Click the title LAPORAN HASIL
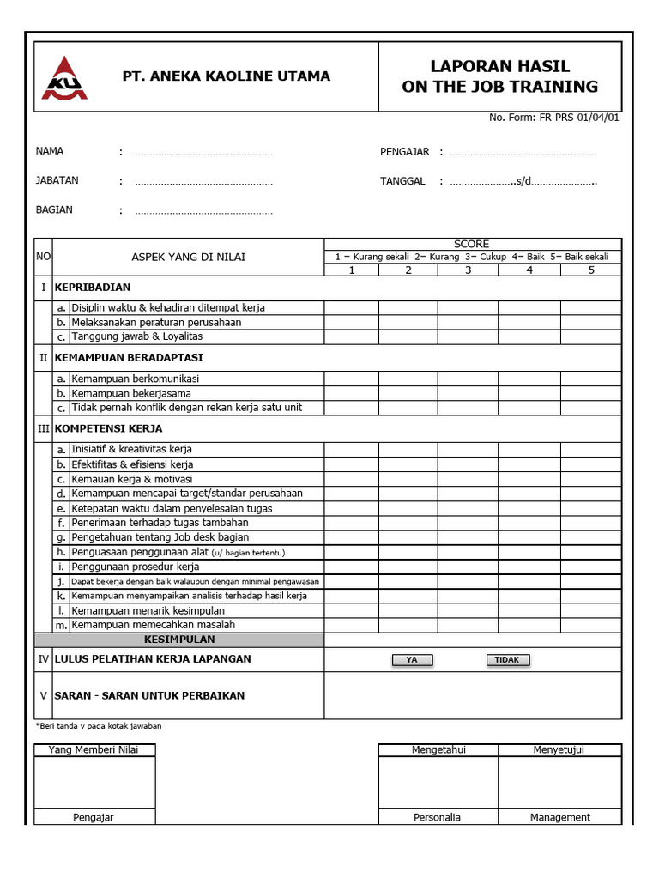point(499,66)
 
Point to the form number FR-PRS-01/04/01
point(577,118)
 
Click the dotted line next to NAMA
point(203,153)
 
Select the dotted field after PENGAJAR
point(523,153)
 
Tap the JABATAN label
point(57,180)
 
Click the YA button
point(412,660)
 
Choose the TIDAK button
point(507,660)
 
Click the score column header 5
point(590,270)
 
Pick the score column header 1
point(351,270)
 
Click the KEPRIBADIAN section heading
point(93,288)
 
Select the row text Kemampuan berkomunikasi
point(136,379)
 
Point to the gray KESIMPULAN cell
point(179,640)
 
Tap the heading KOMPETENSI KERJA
point(108,428)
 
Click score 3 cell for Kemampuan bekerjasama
point(468,393)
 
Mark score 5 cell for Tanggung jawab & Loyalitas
point(590,336)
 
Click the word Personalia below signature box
point(437,817)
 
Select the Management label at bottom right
point(560,817)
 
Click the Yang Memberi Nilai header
point(94,749)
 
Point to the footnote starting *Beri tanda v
point(99,726)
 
